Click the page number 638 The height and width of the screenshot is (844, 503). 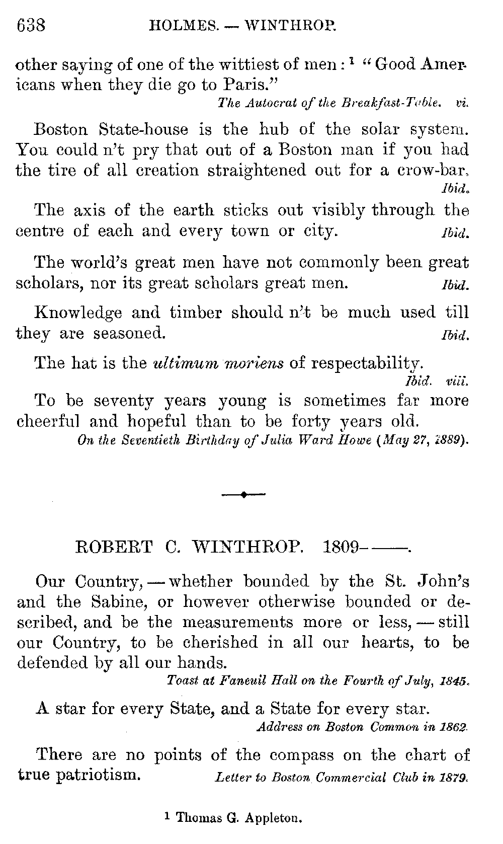tap(31, 25)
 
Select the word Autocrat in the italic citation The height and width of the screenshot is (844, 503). tap(266, 103)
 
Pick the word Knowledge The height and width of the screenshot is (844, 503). tap(78, 313)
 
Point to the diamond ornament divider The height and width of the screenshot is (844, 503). tap(243, 495)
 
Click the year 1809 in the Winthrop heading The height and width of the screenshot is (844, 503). tap(341, 547)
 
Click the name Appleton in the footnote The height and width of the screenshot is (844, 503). tap(273, 818)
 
